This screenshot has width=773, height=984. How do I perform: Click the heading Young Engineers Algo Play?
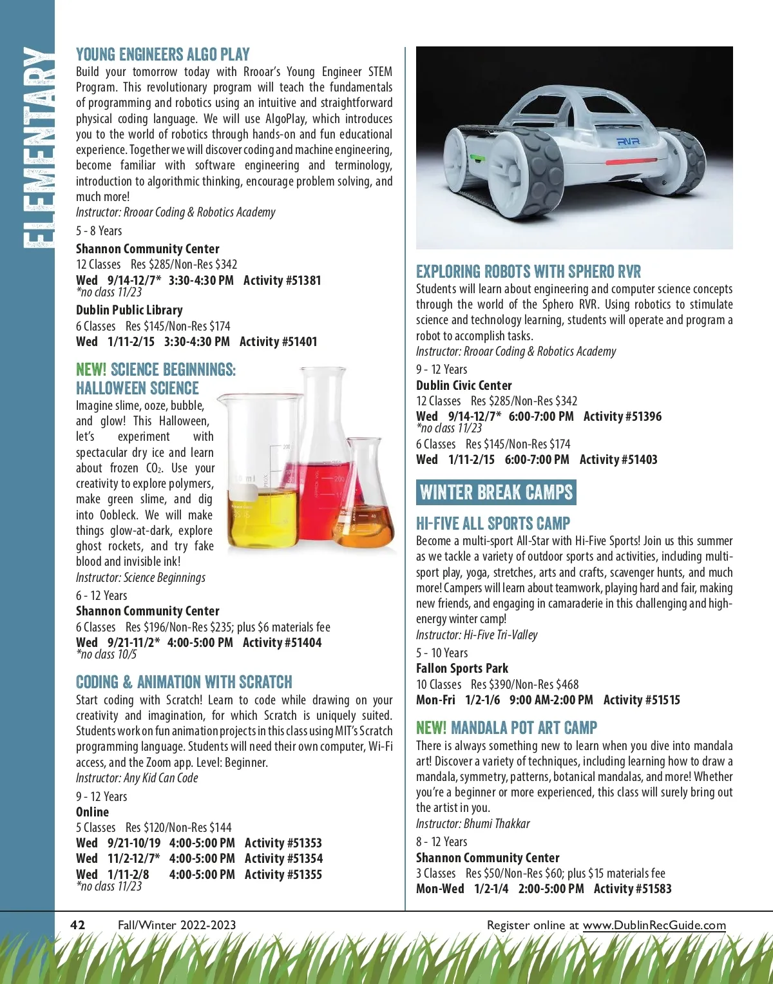click(162, 54)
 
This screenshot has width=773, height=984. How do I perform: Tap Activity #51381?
click(282, 280)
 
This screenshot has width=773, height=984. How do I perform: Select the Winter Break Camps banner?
click(496, 493)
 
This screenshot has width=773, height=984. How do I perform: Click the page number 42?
click(77, 925)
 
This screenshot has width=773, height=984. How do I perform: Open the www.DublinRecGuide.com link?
click(654, 925)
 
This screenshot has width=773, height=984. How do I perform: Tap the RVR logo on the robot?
click(627, 141)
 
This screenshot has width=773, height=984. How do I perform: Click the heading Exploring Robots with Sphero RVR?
click(528, 271)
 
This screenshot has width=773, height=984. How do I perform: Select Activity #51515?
click(642, 700)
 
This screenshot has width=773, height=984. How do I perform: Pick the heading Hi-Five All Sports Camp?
click(493, 523)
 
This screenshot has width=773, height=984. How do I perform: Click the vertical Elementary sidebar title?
click(37, 148)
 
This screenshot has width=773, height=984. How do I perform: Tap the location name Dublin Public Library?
click(129, 310)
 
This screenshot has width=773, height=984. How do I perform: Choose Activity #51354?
click(283, 858)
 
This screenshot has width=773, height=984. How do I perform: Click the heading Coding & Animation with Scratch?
click(184, 682)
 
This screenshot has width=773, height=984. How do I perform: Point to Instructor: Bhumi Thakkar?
click(473, 824)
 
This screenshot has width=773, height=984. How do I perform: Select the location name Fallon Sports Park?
click(462, 668)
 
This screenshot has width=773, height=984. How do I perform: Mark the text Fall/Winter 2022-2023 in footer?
click(177, 925)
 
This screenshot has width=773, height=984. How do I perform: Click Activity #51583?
click(633, 889)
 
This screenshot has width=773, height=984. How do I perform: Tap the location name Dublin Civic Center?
click(464, 385)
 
